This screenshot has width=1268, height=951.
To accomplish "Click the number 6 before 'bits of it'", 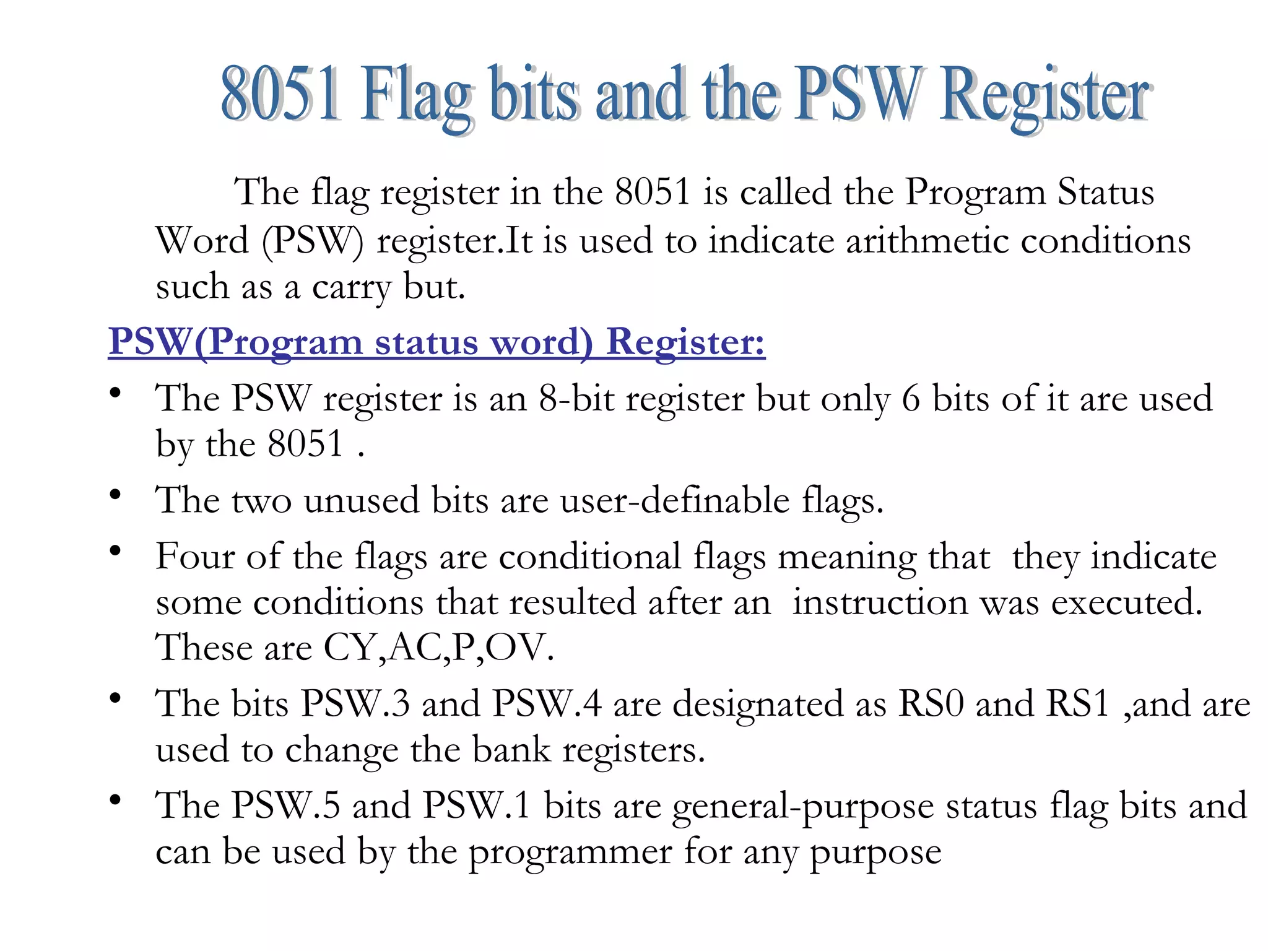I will [911, 398].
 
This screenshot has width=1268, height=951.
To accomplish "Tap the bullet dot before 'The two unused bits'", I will [115, 495].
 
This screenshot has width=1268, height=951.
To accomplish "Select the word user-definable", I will [675, 500].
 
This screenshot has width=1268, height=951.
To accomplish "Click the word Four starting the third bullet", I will [194, 556].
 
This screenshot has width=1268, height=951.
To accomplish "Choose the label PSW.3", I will [355, 704].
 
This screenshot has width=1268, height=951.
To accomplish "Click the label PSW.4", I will [547, 704].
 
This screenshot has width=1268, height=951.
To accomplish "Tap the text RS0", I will [931, 704].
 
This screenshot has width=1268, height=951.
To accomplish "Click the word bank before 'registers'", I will [511, 750].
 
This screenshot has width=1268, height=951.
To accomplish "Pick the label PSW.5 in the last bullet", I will [286, 806].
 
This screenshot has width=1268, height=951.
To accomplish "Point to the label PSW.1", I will [477, 806].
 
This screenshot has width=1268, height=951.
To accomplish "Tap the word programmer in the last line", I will [570, 853].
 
